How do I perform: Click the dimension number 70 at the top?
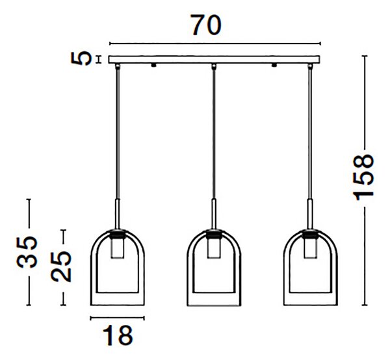[206, 25]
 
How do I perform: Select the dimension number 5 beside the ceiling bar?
[81, 58]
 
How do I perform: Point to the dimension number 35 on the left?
[27, 252]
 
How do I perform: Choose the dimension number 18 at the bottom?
[118, 335]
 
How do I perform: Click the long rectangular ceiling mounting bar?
[214, 59]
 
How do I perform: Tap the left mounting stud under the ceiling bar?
[153, 65]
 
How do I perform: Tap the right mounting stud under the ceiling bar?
[274, 65]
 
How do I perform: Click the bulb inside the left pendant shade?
[118, 248]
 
